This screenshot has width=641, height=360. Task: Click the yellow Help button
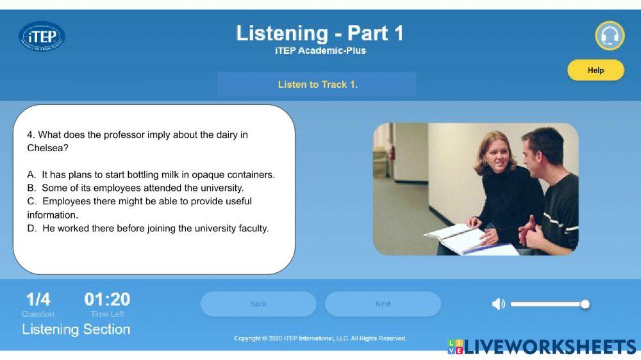595,70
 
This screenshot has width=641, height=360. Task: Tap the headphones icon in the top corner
609,36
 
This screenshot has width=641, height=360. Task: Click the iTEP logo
42,37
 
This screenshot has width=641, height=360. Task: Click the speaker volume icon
498,304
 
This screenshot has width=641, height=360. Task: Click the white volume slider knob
585,304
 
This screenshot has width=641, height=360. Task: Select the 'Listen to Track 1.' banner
317,85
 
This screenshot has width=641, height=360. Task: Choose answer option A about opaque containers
151,174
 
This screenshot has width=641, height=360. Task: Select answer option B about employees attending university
136,188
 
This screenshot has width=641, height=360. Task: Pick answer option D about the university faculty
148,228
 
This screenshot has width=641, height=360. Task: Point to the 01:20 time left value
107,299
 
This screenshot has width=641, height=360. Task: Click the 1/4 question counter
38,299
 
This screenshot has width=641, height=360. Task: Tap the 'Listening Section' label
76,329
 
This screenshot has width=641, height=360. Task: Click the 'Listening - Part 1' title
320,33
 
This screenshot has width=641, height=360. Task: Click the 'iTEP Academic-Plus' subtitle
320,51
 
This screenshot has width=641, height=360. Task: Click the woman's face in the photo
489,154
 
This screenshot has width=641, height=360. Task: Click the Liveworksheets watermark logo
542,347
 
